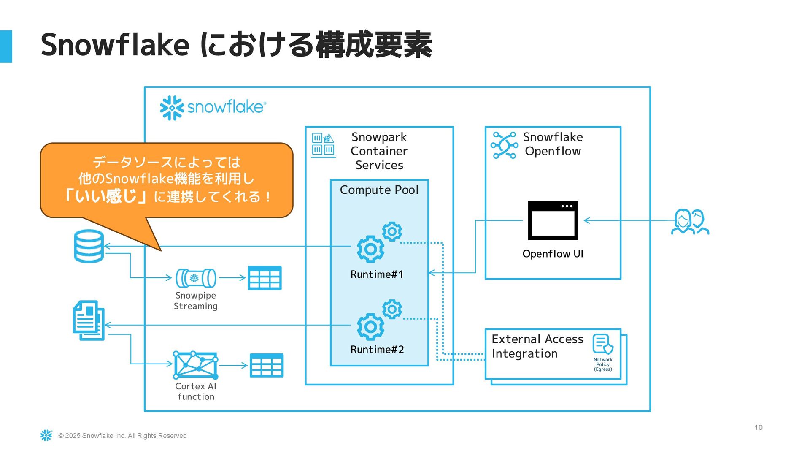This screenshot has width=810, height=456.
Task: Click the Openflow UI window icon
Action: [553, 220]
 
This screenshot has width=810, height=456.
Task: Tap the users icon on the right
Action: [690, 222]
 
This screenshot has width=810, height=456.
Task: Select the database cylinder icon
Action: [89, 246]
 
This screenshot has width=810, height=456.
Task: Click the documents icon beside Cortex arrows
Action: [89, 320]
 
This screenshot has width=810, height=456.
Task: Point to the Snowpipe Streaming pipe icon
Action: [196, 278]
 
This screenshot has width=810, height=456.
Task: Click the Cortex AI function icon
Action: [196, 365]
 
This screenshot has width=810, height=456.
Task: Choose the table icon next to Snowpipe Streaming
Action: [265, 278]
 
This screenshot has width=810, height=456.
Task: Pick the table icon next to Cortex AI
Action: [266, 365]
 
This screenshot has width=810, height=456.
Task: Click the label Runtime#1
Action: [377, 274]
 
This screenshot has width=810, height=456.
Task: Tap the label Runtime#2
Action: [377, 350]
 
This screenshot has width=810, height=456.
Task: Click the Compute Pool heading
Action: [379, 190]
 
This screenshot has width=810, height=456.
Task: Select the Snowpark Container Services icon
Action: [323, 145]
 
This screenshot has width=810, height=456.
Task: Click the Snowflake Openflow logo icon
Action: [504, 145]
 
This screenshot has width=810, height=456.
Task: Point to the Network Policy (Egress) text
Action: [603, 364]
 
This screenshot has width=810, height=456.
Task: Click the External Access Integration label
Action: [537, 346]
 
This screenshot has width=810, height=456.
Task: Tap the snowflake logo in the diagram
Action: [213, 108]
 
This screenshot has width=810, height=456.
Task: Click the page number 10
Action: [758, 427]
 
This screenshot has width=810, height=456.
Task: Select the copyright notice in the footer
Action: [122, 436]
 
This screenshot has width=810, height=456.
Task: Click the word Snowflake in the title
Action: [115, 45]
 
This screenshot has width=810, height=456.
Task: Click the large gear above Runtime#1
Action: [370, 249]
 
